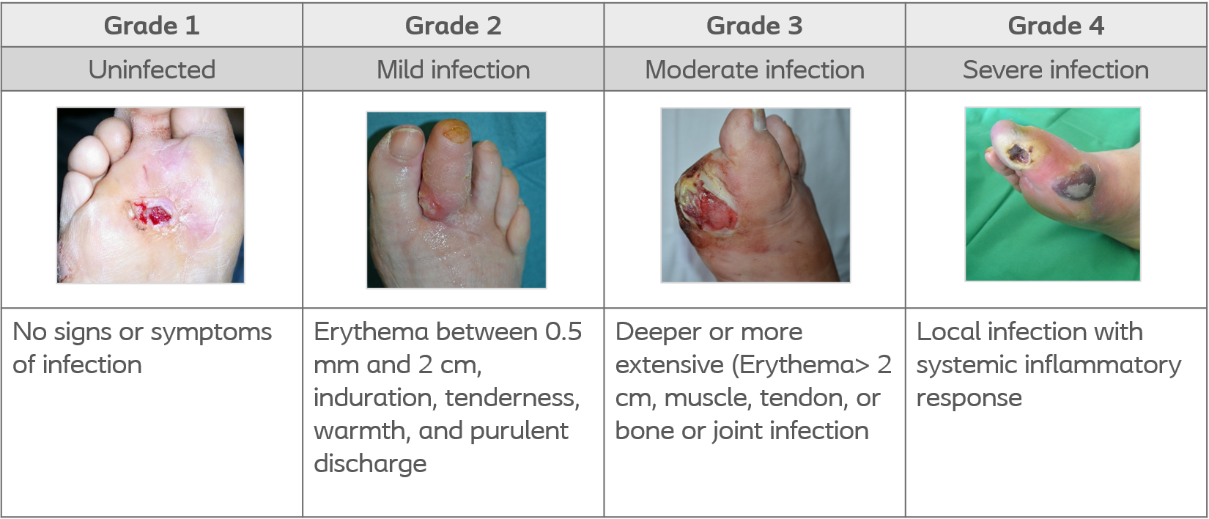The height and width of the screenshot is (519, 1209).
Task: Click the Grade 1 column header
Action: point(152,26)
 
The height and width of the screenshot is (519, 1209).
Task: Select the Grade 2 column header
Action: point(454,26)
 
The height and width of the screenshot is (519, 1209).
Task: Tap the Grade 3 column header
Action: point(755,26)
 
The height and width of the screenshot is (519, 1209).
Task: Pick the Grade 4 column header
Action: point(1057,26)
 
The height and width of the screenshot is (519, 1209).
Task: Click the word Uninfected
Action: point(152,70)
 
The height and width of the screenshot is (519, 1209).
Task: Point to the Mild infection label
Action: point(454,70)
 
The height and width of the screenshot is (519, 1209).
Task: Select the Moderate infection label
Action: point(755,70)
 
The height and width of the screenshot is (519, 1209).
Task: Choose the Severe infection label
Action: point(1057,70)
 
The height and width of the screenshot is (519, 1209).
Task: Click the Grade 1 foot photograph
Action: point(151,195)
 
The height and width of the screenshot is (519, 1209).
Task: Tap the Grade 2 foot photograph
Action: point(456,200)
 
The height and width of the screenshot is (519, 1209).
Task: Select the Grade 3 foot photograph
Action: point(755,195)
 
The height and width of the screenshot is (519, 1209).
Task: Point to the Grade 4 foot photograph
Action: point(1053,194)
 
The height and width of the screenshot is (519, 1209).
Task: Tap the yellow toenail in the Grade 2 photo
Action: point(452,131)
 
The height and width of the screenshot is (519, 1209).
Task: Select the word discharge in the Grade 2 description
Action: point(370,463)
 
